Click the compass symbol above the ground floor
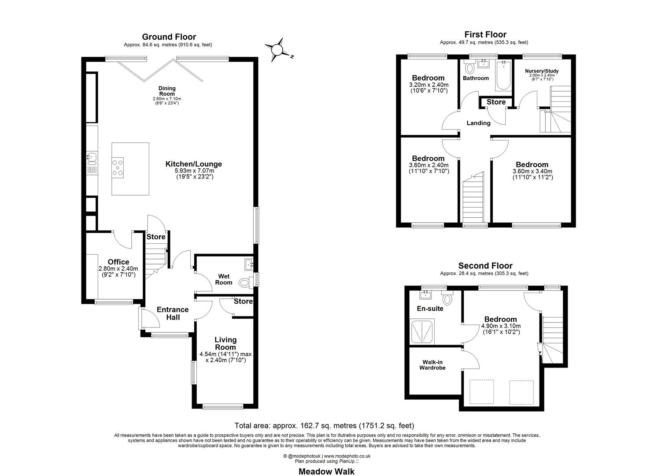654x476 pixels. [x=277, y=49]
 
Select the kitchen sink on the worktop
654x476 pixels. [x=92, y=156]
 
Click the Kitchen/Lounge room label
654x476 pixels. [x=193, y=164]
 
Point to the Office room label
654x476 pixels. [x=118, y=262]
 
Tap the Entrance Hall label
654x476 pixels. [x=173, y=313]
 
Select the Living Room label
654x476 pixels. [x=225, y=343]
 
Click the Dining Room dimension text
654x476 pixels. [x=167, y=100]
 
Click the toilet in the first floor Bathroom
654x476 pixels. [x=469, y=68]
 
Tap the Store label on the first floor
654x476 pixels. [x=496, y=102]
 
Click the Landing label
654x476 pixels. [x=478, y=123]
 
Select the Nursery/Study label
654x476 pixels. [x=542, y=71]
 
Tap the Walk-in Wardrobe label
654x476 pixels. [x=431, y=365]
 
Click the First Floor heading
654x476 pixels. [x=485, y=34]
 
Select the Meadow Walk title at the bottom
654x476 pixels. [x=326, y=471]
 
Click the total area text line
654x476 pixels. [x=324, y=426]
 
